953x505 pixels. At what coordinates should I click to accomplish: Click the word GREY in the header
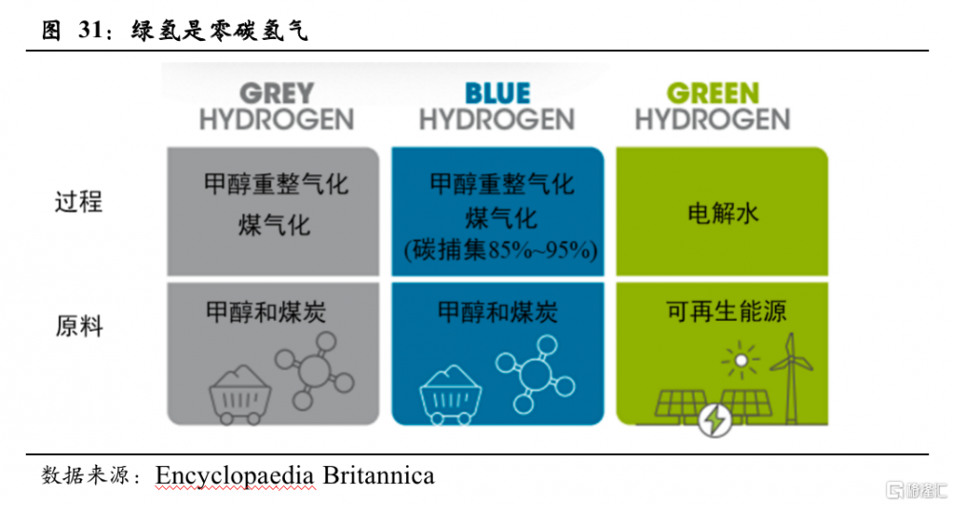(x=276, y=93)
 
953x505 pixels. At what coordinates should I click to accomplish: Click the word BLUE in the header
(x=497, y=93)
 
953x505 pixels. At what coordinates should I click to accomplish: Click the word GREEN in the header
(x=713, y=93)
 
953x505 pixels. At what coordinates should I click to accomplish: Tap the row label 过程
(x=79, y=202)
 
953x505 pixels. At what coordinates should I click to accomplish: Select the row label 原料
(x=79, y=326)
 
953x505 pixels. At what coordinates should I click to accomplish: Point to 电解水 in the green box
(x=722, y=213)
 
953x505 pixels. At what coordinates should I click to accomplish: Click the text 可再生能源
(x=726, y=312)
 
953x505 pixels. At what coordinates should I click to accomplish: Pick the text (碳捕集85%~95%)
(x=501, y=250)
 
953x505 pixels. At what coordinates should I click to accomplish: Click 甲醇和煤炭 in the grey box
(x=266, y=313)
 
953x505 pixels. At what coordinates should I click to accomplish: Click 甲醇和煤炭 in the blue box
(x=497, y=313)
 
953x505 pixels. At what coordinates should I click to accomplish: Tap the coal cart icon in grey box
(x=239, y=394)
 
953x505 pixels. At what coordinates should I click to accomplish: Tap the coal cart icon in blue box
(x=451, y=394)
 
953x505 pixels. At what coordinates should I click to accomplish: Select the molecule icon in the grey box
(x=314, y=370)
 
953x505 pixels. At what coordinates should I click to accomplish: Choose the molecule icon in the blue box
(x=535, y=374)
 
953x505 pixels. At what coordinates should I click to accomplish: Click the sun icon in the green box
(x=740, y=360)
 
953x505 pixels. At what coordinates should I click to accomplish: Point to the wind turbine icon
(x=791, y=378)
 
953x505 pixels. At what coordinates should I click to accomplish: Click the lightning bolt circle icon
(x=714, y=420)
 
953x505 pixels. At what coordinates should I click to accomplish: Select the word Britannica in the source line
(x=378, y=475)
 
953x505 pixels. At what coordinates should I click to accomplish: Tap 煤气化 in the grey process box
(x=274, y=225)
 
